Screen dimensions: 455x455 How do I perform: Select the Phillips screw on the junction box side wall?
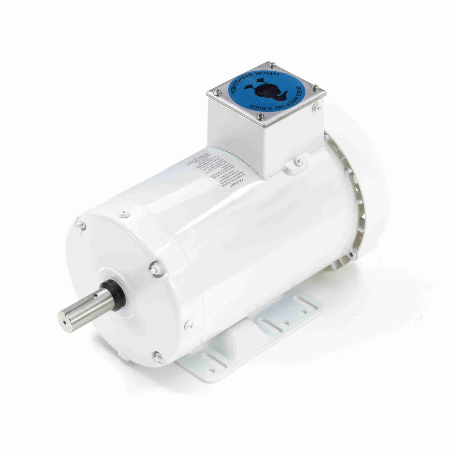pos(317,108)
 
